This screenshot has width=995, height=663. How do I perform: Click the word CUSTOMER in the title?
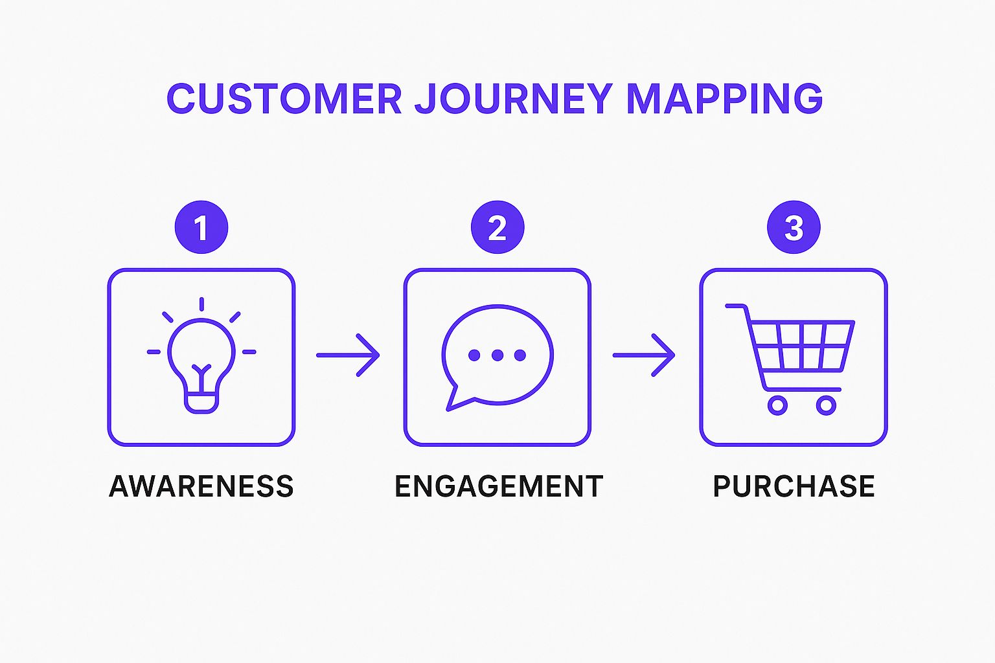(284, 98)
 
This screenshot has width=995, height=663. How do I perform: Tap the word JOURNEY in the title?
(514, 98)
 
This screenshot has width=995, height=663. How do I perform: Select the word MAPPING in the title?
(724, 98)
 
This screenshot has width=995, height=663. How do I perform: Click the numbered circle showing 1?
(201, 228)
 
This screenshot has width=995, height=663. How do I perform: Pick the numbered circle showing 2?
(497, 228)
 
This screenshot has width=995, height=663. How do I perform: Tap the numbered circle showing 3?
(794, 228)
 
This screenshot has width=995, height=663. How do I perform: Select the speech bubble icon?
(497, 355)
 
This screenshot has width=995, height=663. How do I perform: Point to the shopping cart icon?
(794, 356)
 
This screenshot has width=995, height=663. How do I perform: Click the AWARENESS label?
(201, 486)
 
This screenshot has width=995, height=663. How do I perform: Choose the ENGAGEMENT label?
(499, 486)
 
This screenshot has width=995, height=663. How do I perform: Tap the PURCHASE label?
(794, 486)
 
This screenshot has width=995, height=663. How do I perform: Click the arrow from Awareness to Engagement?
(348, 355)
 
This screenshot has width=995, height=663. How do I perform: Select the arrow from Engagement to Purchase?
(644, 355)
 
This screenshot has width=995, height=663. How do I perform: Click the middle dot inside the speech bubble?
(497, 355)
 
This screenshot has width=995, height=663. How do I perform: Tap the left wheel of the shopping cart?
(777, 405)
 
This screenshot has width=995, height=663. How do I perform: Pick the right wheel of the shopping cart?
(826, 405)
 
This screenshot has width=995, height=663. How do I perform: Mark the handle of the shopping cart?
(736, 306)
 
